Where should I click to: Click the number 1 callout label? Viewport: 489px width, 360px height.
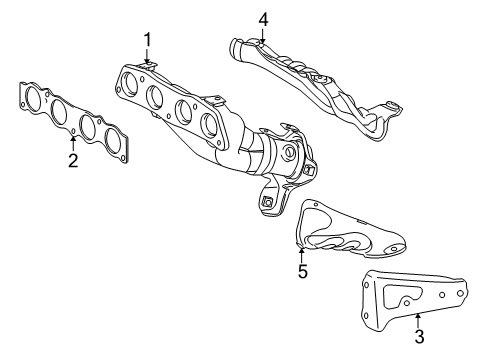click(x=147, y=40)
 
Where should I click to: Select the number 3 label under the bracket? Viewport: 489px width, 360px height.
click(x=420, y=337)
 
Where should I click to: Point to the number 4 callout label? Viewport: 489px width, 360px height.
click(x=263, y=18)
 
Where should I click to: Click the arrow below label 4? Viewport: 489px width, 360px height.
click(x=263, y=38)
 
